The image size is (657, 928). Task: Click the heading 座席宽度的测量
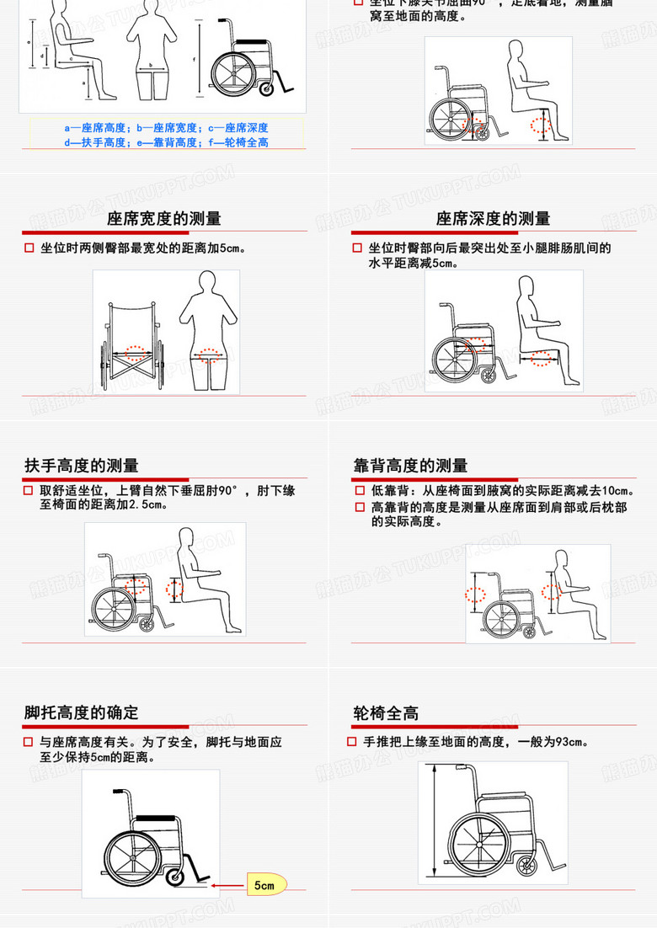164,219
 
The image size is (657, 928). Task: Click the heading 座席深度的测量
493,219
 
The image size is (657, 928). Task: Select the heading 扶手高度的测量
82,466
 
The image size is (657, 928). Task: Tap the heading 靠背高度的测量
410,466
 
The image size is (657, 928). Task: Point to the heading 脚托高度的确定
82,712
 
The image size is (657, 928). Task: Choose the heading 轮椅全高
386,712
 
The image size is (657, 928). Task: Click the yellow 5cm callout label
265,885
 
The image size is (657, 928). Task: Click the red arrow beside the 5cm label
226,885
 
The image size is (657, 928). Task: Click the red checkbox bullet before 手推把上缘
352,742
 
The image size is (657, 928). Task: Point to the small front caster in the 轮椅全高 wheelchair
527,864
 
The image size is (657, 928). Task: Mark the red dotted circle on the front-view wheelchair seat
135,352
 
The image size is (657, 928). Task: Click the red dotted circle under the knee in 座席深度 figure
543,358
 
